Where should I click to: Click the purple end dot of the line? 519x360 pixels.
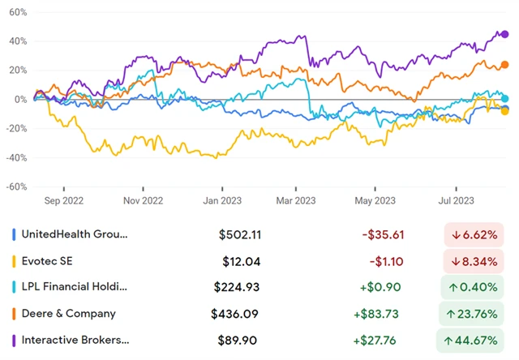(505, 35)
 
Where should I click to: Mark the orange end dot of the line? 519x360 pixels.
(505, 65)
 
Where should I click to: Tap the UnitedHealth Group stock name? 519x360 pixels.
(75, 235)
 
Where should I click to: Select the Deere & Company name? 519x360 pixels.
(69, 313)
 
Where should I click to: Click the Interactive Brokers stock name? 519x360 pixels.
(75, 339)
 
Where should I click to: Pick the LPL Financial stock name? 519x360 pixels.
(75, 287)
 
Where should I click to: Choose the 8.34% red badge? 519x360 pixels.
(473, 261)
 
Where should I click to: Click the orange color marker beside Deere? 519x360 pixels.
(15, 313)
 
